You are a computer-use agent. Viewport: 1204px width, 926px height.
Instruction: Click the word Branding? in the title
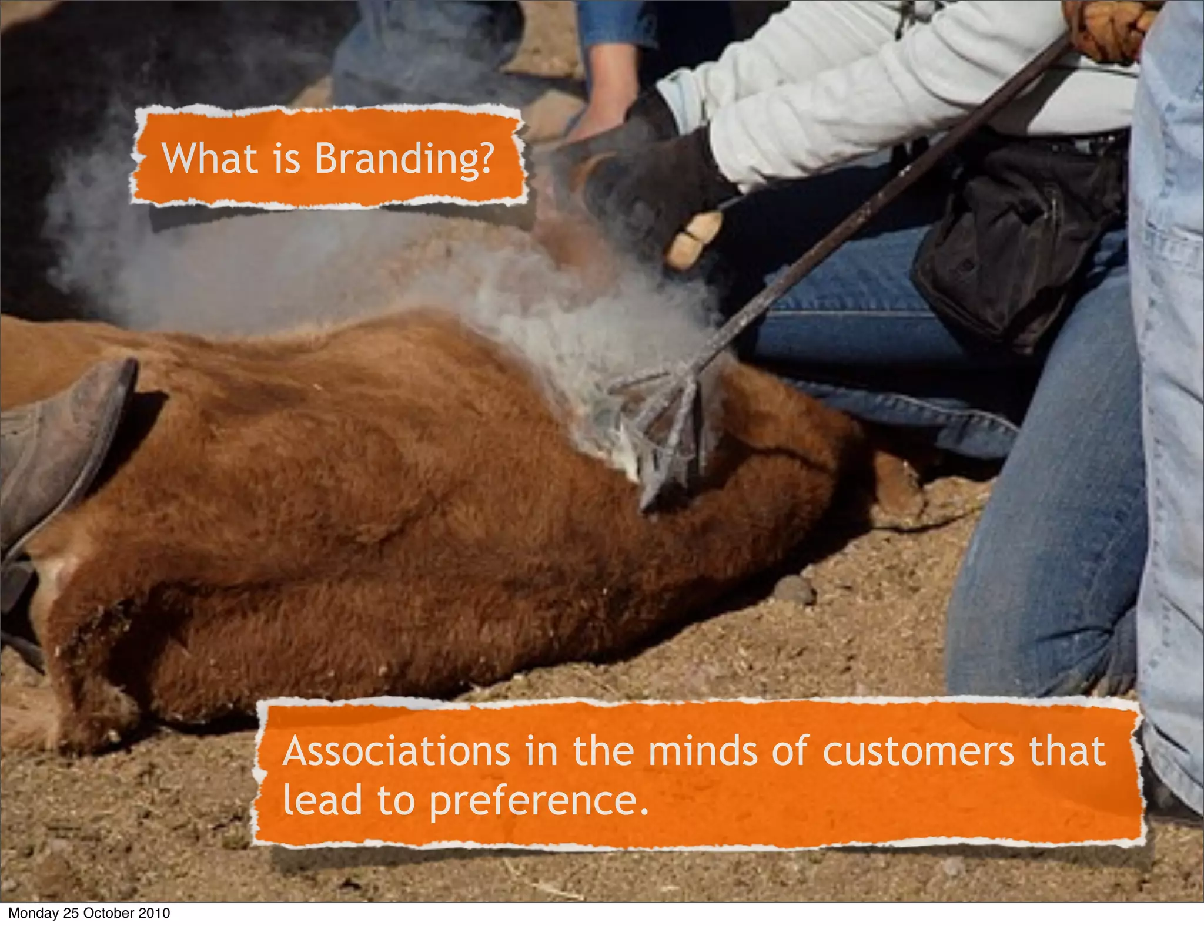(404, 160)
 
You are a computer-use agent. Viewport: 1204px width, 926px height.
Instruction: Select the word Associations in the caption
(396, 751)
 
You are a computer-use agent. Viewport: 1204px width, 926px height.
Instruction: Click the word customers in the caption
(918, 751)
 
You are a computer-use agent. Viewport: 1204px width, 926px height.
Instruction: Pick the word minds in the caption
(703, 751)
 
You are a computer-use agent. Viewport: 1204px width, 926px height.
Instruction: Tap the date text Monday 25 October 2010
(89, 913)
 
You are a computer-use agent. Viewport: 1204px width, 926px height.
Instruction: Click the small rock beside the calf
(795, 589)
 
